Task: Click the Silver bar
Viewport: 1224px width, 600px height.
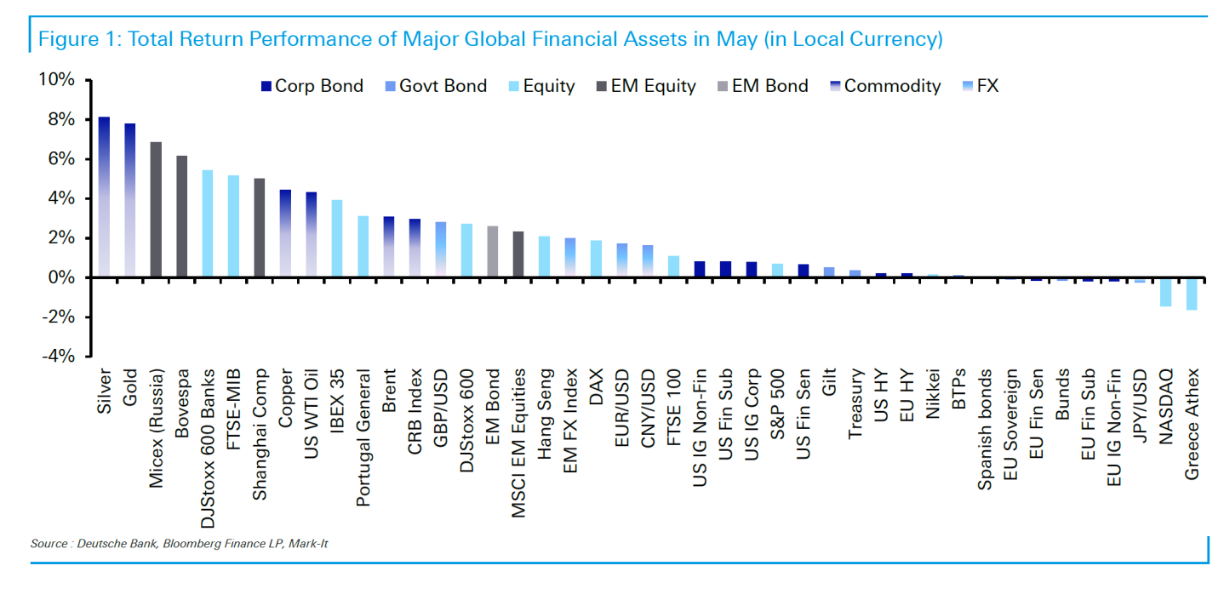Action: click(104, 197)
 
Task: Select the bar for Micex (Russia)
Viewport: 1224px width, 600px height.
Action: click(156, 209)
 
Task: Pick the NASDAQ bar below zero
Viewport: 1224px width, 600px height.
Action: click(1166, 292)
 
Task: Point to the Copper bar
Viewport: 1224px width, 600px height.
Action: click(285, 233)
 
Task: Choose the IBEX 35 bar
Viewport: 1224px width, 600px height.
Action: click(337, 238)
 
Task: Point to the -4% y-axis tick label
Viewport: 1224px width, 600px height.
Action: click(59, 357)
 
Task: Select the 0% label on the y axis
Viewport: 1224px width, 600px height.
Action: click(60, 277)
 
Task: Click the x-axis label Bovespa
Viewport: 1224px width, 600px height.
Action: click(182, 403)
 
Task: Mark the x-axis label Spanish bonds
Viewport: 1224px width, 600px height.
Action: click(985, 429)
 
